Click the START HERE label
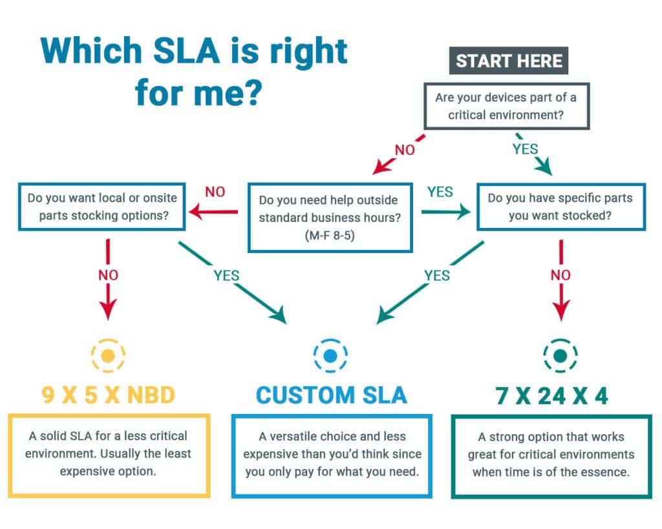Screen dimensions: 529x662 point(509,61)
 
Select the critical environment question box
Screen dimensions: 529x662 point(506,106)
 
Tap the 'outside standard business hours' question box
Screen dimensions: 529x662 point(330,218)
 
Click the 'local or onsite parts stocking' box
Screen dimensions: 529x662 point(103,207)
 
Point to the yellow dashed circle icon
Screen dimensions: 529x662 point(108,355)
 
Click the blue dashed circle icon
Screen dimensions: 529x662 point(330,355)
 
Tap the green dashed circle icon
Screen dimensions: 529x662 point(560,355)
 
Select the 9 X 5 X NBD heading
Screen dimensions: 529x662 point(108,395)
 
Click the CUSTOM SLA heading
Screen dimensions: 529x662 point(331,395)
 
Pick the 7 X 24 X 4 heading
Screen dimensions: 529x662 point(551,395)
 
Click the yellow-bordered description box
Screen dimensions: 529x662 point(108,455)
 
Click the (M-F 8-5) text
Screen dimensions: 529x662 point(330,236)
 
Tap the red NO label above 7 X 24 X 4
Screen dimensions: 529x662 point(560,275)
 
